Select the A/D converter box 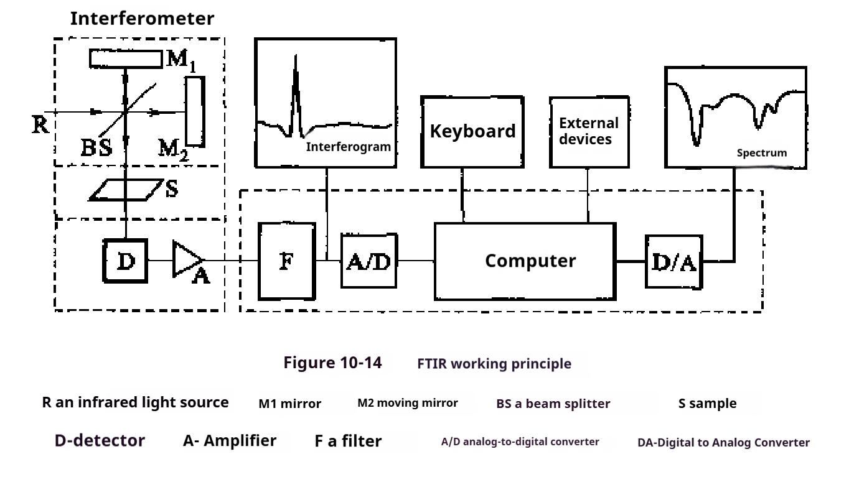368,261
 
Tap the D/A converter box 673,262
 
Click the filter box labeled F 286,261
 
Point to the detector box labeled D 126,262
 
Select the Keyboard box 472,132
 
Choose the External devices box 589,132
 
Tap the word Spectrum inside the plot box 761,153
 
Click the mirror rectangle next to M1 125,58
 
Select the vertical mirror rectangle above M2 195,111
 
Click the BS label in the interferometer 96,147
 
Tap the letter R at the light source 40,125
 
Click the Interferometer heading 142,19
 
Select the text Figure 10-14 332,363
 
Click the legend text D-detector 100,441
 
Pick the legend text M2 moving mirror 407,403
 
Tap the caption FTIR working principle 494,364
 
